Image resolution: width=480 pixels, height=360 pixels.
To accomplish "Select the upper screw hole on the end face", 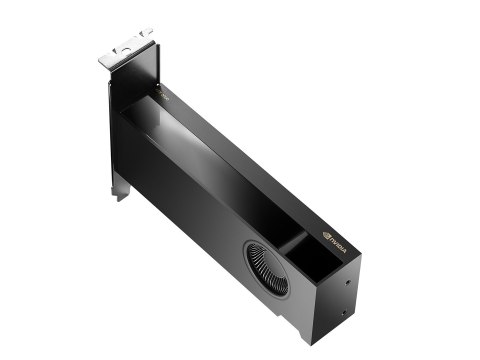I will [347, 282].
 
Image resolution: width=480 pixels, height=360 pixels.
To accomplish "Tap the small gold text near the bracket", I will [166, 96].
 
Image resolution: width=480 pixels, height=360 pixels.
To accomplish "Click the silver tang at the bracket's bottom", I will [121, 188].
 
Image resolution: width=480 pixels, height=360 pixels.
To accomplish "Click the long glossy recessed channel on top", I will [210, 150].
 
